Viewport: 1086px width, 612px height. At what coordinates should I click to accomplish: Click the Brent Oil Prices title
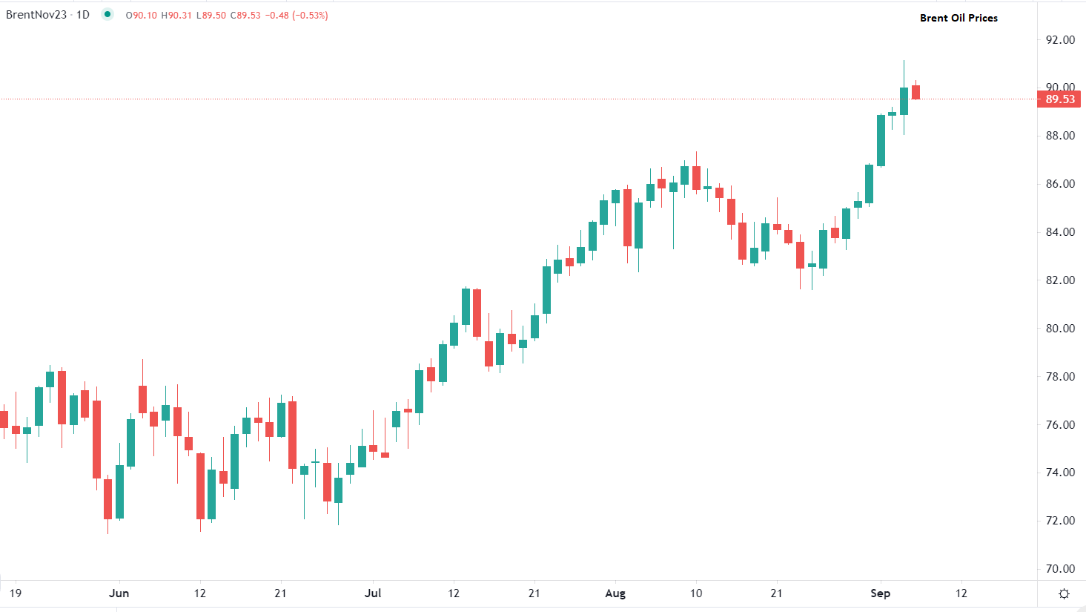click(958, 18)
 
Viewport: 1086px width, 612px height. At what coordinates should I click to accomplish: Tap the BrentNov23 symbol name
click(36, 15)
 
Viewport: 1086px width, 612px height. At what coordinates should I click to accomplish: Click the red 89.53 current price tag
click(1059, 99)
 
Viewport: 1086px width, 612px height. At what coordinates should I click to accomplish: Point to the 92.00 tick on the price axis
click(1060, 40)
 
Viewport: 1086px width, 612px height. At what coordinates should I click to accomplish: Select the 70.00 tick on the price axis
click(1060, 569)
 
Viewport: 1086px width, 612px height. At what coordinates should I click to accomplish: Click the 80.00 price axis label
click(1060, 329)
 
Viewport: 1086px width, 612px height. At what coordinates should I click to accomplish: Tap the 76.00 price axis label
click(1060, 425)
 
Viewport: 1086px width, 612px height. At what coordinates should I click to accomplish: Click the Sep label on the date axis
click(880, 593)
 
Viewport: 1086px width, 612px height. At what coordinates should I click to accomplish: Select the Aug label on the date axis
click(615, 593)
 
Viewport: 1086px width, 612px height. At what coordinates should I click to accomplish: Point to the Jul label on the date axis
click(373, 593)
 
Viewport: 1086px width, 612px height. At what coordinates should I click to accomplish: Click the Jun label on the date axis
click(119, 593)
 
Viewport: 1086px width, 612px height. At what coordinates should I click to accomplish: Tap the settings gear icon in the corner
click(1065, 593)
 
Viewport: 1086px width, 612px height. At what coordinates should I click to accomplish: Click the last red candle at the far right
click(916, 92)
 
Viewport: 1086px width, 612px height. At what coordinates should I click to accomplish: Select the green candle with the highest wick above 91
click(904, 101)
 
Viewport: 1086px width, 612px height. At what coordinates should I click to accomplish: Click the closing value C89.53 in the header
click(245, 16)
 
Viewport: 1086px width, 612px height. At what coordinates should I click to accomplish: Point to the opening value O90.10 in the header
click(142, 16)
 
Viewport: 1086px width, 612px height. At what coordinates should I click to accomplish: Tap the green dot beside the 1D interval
click(107, 14)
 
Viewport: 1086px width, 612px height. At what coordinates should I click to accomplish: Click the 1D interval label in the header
click(83, 15)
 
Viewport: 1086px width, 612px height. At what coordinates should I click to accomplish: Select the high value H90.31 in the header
click(176, 16)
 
